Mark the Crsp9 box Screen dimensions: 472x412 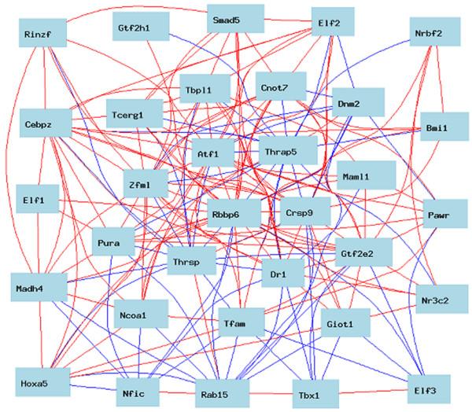304,212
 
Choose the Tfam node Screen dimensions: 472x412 238,323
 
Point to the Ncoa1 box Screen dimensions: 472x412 139,315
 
